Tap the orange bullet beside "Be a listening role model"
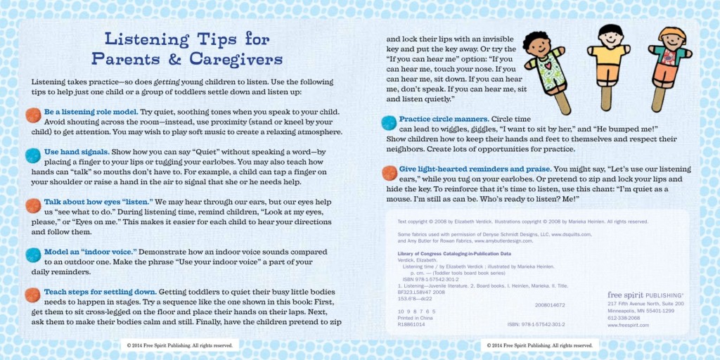click(x=32, y=114)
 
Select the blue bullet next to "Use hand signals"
click(x=32, y=155)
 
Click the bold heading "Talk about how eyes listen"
click(x=98, y=202)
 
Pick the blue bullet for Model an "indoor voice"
click(x=32, y=255)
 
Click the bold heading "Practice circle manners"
click(x=443, y=119)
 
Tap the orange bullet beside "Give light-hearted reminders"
click(x=389, y=172)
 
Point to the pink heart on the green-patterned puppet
click(x=544, y=63)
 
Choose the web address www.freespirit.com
click(x=628, y=326)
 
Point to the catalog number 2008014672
click(x=551, y=305)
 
